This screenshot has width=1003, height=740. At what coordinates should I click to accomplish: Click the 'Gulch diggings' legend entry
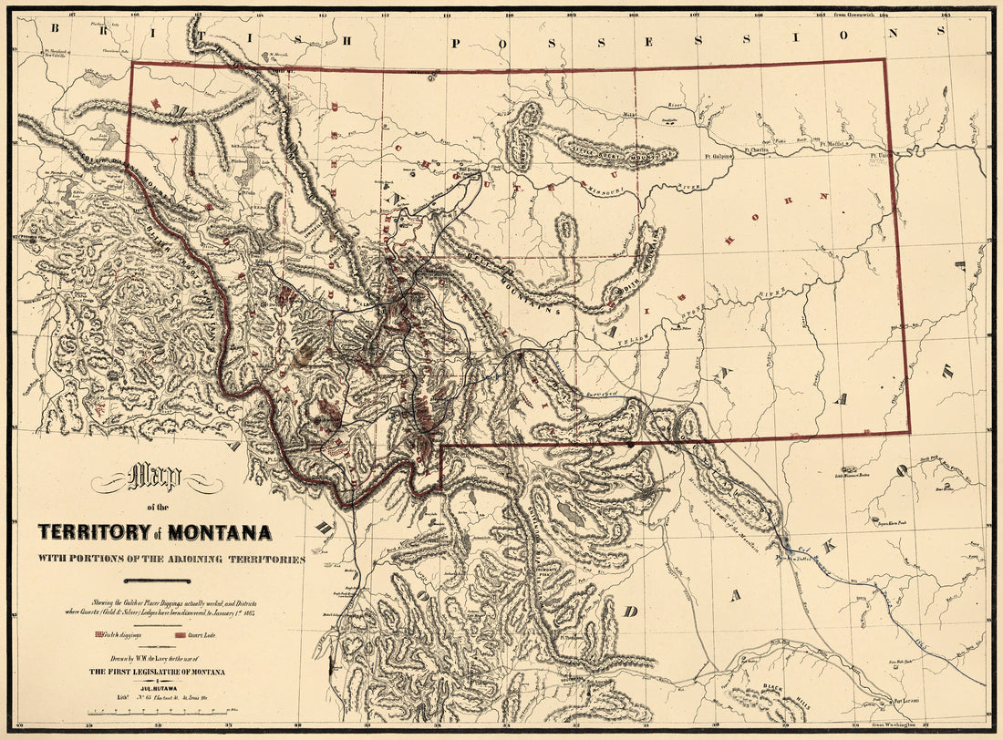point(119,634)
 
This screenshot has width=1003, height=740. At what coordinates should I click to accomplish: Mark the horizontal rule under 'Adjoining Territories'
point(157,581)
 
